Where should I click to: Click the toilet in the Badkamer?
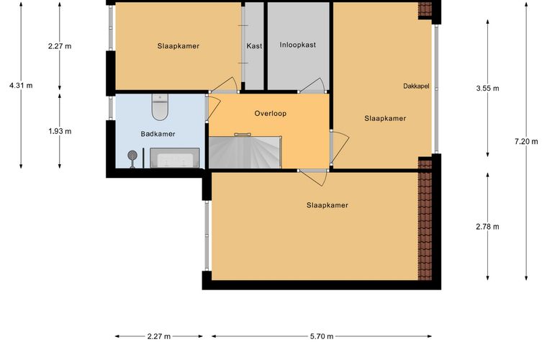point(160,107)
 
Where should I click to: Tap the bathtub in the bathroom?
point(175,158)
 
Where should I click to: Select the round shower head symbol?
point(132,155)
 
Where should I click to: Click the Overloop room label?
point(271,113)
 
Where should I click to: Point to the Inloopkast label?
point(297,45)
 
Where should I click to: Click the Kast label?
point(254,45)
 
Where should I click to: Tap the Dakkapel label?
point(416,86)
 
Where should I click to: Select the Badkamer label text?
point(158,134)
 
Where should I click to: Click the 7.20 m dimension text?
point(526,142)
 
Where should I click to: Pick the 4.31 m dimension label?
point(21,86)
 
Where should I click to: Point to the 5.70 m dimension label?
point(322,336)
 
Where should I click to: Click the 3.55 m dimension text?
point(487,89)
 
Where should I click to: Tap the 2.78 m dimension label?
point(487,227)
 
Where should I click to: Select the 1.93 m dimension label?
point(60,132)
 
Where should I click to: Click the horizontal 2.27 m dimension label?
point(159,336)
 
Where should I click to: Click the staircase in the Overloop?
point(245,152)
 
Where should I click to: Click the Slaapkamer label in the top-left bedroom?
point(178,46)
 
